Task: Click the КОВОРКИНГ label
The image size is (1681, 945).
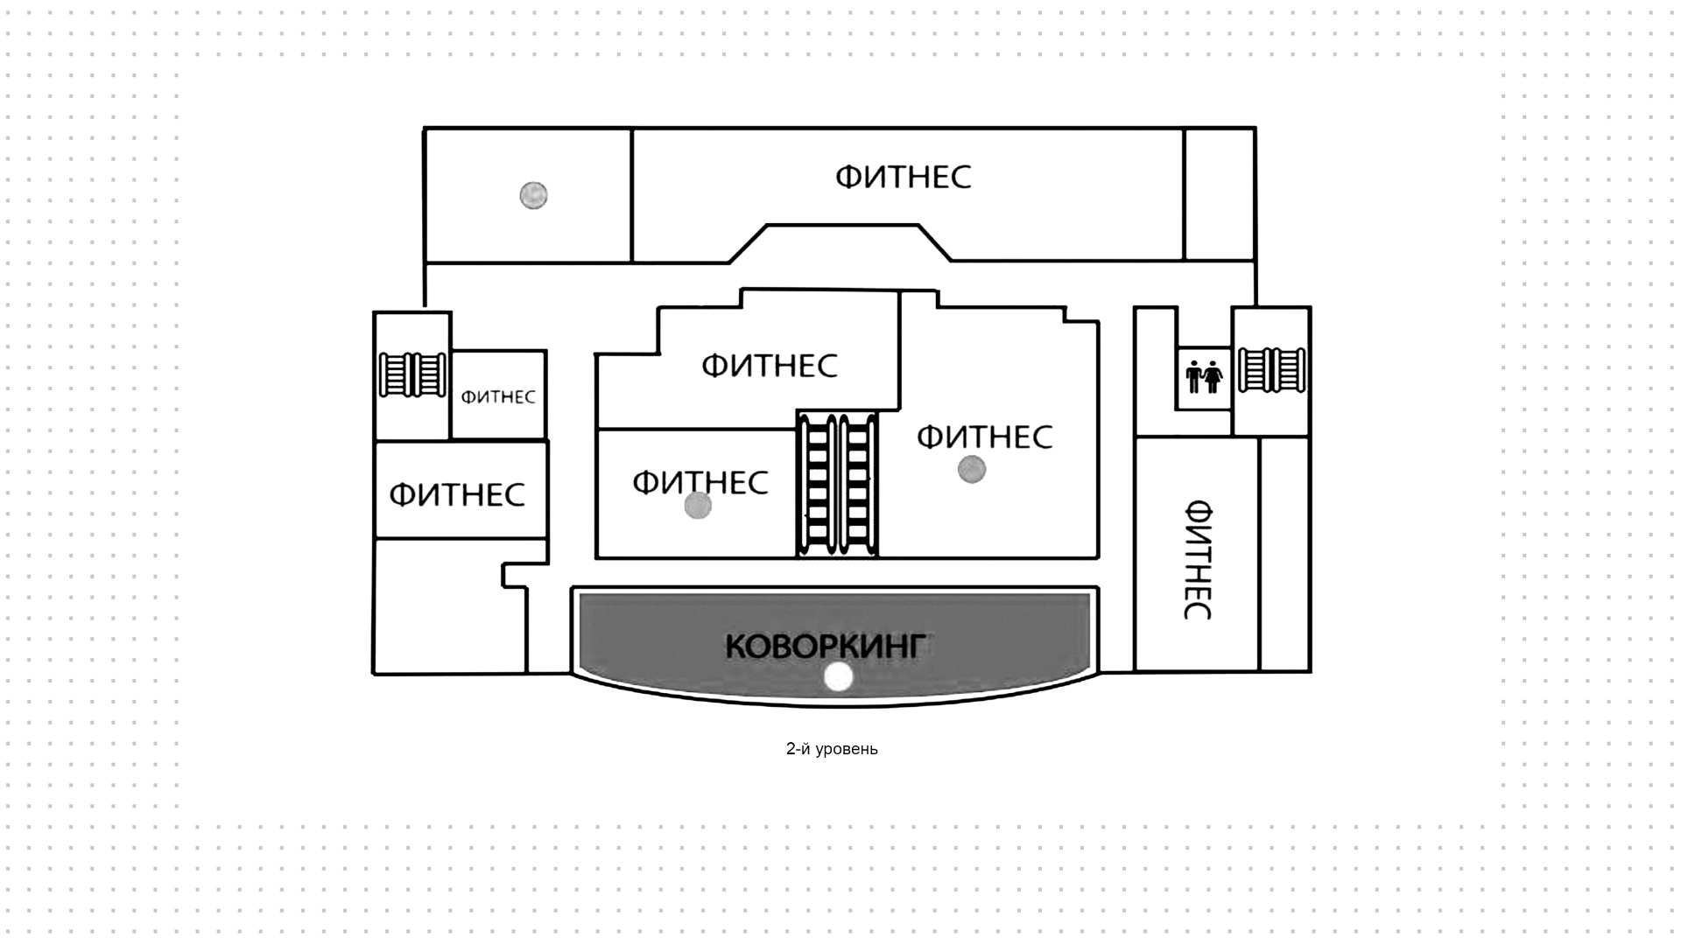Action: point(825,647)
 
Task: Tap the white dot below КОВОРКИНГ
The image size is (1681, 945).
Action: point(839,677)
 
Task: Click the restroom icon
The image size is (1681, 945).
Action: point(1203,377)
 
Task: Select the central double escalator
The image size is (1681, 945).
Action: point(837,483)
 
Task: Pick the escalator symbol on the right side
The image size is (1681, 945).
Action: point(1271,370)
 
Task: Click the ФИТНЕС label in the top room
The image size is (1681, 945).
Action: point(903,177)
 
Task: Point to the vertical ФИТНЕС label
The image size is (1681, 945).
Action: point(1197,559)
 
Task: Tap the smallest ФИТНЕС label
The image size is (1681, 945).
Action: point(497,397)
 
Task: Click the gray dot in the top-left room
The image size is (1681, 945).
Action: point(533,195)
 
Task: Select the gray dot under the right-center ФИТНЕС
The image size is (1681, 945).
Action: point(972,470)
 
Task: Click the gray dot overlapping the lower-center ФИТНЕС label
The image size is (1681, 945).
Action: point(698,506)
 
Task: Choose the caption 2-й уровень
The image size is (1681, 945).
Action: point(832,749)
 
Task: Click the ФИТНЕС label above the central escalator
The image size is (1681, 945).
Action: point(769,365)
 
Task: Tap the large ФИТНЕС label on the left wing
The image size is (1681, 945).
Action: point(457,494)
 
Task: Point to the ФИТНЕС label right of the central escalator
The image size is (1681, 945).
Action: point(984,436)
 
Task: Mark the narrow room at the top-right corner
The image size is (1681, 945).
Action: point(1220,194)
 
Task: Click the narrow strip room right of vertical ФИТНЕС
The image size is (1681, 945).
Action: point(1284,554)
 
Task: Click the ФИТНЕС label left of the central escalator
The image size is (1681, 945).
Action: point(700,482)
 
